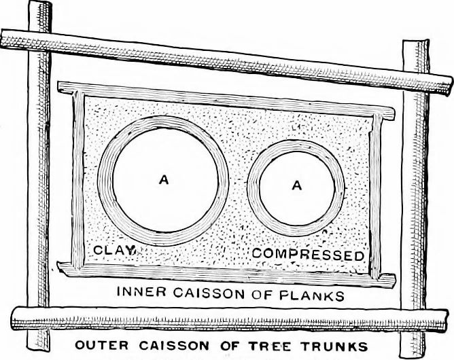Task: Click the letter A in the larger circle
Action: (164, 180)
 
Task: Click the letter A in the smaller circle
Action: (297, 185)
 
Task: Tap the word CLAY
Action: (115, 250)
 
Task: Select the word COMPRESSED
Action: (308, 254)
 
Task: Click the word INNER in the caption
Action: (141, 291)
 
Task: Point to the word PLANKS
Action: (311, 295)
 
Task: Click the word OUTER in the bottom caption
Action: (101, 345)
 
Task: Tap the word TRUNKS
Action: (334, 346)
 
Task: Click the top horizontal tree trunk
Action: (226, 62)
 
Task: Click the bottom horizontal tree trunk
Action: (229, 320)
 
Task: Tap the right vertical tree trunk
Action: (414, 200)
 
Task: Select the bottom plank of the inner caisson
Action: (226, 275)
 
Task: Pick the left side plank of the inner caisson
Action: (77, 179)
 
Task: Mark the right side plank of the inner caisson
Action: (376, 197)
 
